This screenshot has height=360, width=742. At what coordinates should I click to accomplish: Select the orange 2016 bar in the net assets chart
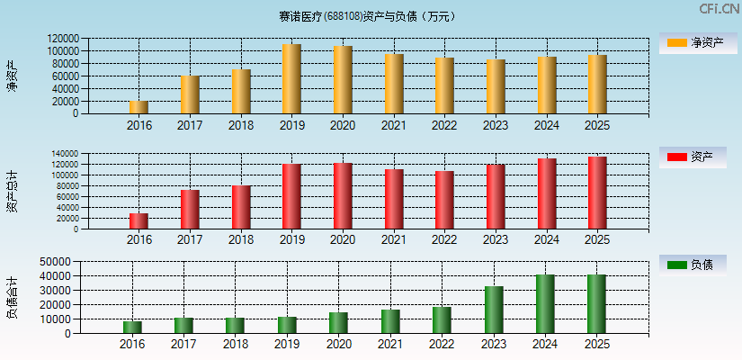coord(139,107)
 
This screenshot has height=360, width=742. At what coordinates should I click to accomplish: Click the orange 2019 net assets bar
coord(291,79)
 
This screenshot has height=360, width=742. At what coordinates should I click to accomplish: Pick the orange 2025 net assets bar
coord(597,85)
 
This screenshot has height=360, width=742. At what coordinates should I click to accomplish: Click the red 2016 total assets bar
coord(139,221)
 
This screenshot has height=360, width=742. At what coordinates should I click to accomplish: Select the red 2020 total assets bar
coord(342,196)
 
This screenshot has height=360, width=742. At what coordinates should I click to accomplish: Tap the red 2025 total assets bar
coord(597,193)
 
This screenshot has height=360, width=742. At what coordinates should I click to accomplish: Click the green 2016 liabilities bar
coord(132,328)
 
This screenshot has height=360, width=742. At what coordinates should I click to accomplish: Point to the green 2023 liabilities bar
coord(494,310)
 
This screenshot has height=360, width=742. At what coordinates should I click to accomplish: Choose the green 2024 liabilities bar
coord(545,304)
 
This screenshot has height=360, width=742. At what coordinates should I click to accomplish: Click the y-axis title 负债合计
coord(12,298)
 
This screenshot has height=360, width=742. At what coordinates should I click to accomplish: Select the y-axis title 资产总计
coord(12,191)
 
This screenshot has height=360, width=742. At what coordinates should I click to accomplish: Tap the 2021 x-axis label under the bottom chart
coord(389,345)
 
